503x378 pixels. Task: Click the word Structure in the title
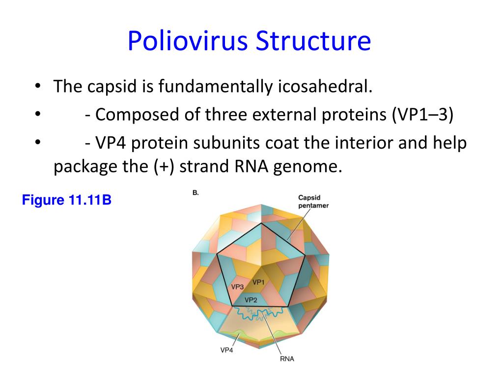313,41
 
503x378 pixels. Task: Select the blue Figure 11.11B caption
67,200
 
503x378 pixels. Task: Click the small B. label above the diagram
196,193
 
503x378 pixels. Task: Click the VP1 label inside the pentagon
259,282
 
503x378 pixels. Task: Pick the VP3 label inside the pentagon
238,286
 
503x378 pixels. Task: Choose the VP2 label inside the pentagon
251,299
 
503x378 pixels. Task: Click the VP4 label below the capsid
226,350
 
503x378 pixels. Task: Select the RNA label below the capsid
287,359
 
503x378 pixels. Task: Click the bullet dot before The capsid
38,87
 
